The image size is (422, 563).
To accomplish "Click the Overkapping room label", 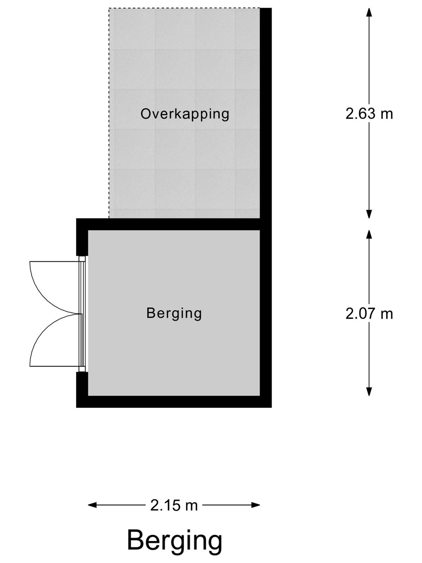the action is pos(185,114).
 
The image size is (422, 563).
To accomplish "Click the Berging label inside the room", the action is pos(174,314).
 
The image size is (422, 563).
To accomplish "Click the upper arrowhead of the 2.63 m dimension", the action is pos(369,12).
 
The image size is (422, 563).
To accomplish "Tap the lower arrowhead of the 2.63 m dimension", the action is pos(369,214).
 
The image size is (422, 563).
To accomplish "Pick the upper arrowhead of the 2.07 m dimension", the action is pos(369,234).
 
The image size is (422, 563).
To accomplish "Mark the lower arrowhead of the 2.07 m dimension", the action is pos(369,391).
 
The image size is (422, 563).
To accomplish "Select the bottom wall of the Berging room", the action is pos(174,401).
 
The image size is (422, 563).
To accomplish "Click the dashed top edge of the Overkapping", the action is pos(185,8).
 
